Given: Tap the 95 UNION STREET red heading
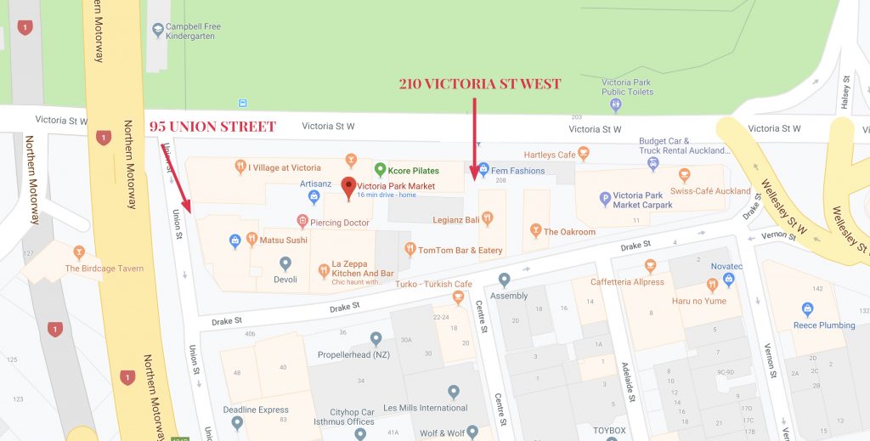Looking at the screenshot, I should coord(212,127).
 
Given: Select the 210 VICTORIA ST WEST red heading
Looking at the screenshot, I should coord(480,84).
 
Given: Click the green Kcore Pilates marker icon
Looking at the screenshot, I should coord(381,170).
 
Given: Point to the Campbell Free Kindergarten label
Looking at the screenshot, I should coord(193,32).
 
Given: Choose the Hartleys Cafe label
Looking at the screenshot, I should coord(550,155).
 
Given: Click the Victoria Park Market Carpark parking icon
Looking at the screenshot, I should coord(606,200).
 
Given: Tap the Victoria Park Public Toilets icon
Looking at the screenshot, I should coord(616,105).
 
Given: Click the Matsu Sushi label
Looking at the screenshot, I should coord(283,240).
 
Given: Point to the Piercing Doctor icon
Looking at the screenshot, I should coord(302,222).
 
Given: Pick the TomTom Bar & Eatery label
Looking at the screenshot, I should coord(460,251).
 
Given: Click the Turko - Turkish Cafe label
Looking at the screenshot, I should coord(433,284).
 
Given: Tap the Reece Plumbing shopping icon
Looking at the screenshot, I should coord(806,309).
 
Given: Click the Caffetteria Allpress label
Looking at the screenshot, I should coord(627,282).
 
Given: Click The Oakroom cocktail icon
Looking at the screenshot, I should coord(535,230).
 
